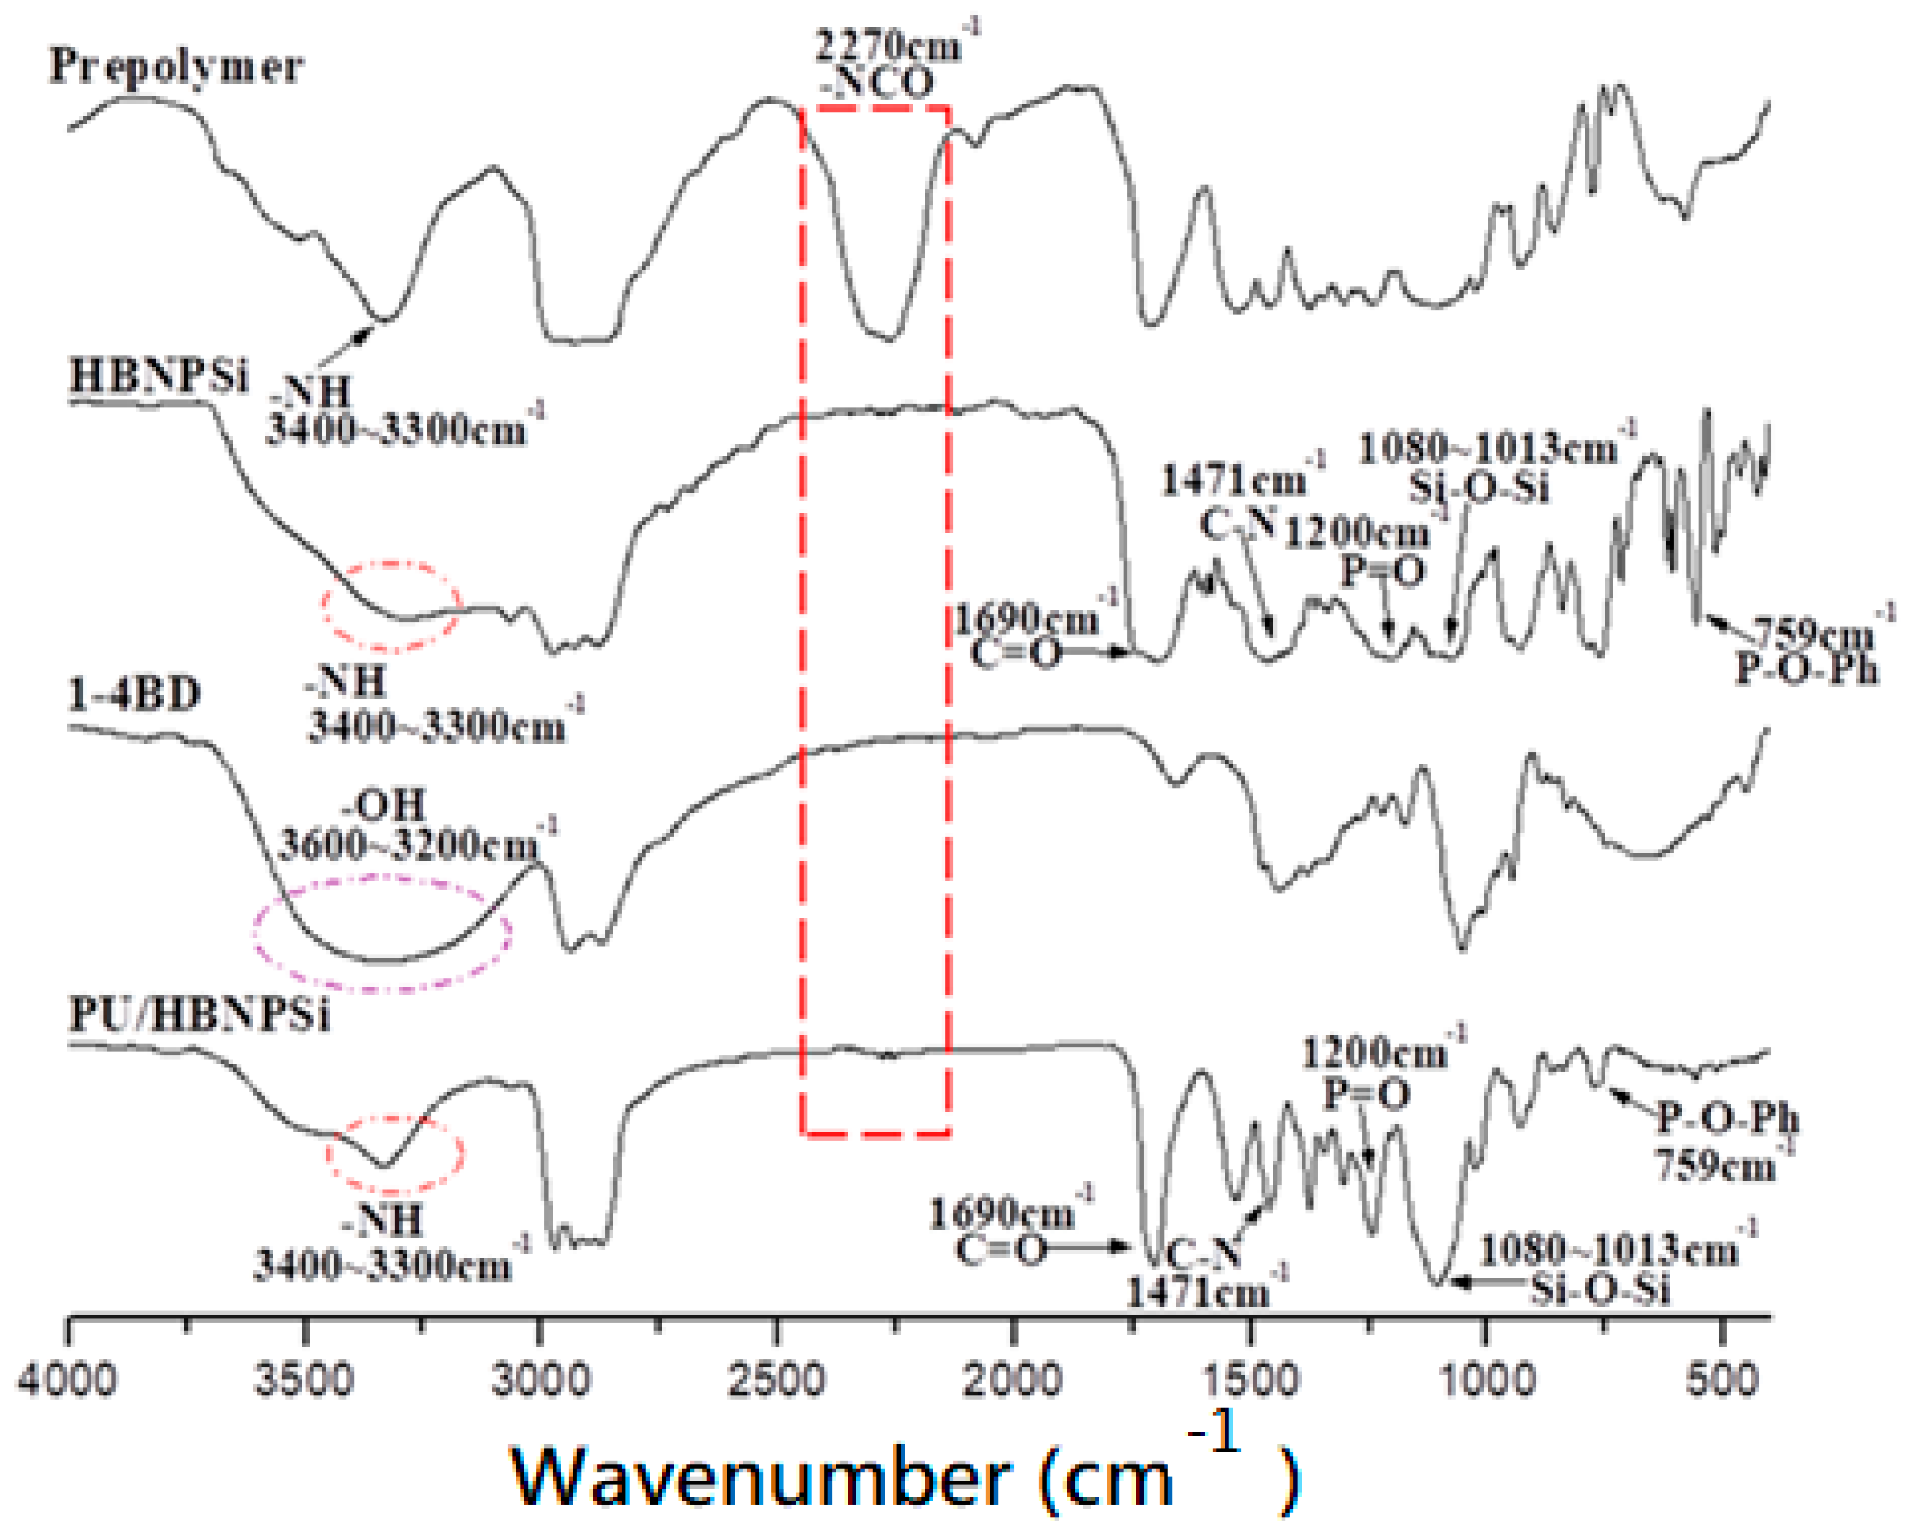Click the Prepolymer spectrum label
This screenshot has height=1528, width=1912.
click(x=176, y=67)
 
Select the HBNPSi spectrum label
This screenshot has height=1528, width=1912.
click(x=159, y=376)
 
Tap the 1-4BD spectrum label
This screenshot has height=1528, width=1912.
click(x=135, y=693)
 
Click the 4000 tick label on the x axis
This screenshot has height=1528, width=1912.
click(x=67, y=1381)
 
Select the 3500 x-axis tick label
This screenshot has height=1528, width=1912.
click(x=304, y=1381)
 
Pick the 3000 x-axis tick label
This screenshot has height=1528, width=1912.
click(x=540, y=1381)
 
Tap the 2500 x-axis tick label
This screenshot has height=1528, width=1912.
click(x=777, y=1381)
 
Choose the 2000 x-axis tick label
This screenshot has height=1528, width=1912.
click(x=1013, y=1381)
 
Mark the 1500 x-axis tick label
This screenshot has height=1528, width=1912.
click(x=1250, y=1381)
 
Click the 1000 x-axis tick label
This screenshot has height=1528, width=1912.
click(x=1486, y=1381)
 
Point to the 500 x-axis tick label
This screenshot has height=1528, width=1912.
click(x=1722, y=1381)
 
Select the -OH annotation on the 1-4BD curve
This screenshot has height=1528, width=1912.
click(x=384, y=805)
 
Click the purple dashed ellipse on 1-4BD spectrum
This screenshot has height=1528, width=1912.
click(x=382, y=933)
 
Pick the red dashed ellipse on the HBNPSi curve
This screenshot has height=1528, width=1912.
click(x=391, y=607)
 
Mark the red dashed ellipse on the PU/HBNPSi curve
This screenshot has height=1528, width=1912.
click(x=396, y=1154)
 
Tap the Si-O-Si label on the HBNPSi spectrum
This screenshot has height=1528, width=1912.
click(x=1479, y=487)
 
